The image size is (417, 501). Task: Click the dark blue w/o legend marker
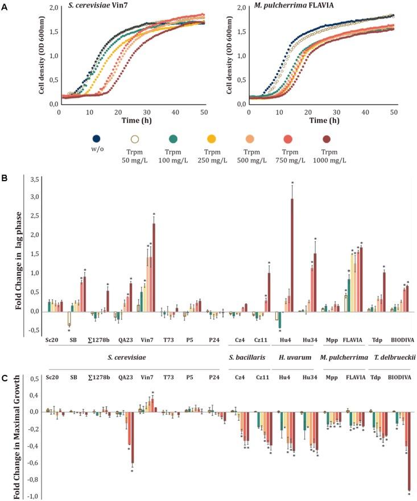(97, 139)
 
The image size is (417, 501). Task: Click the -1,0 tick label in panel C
(32, 496)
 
